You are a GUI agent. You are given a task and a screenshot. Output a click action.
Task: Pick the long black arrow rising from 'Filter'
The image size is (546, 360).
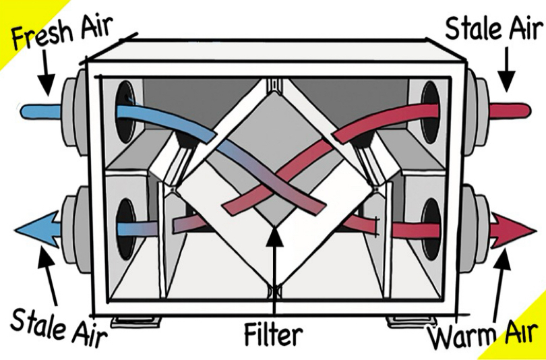272,270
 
